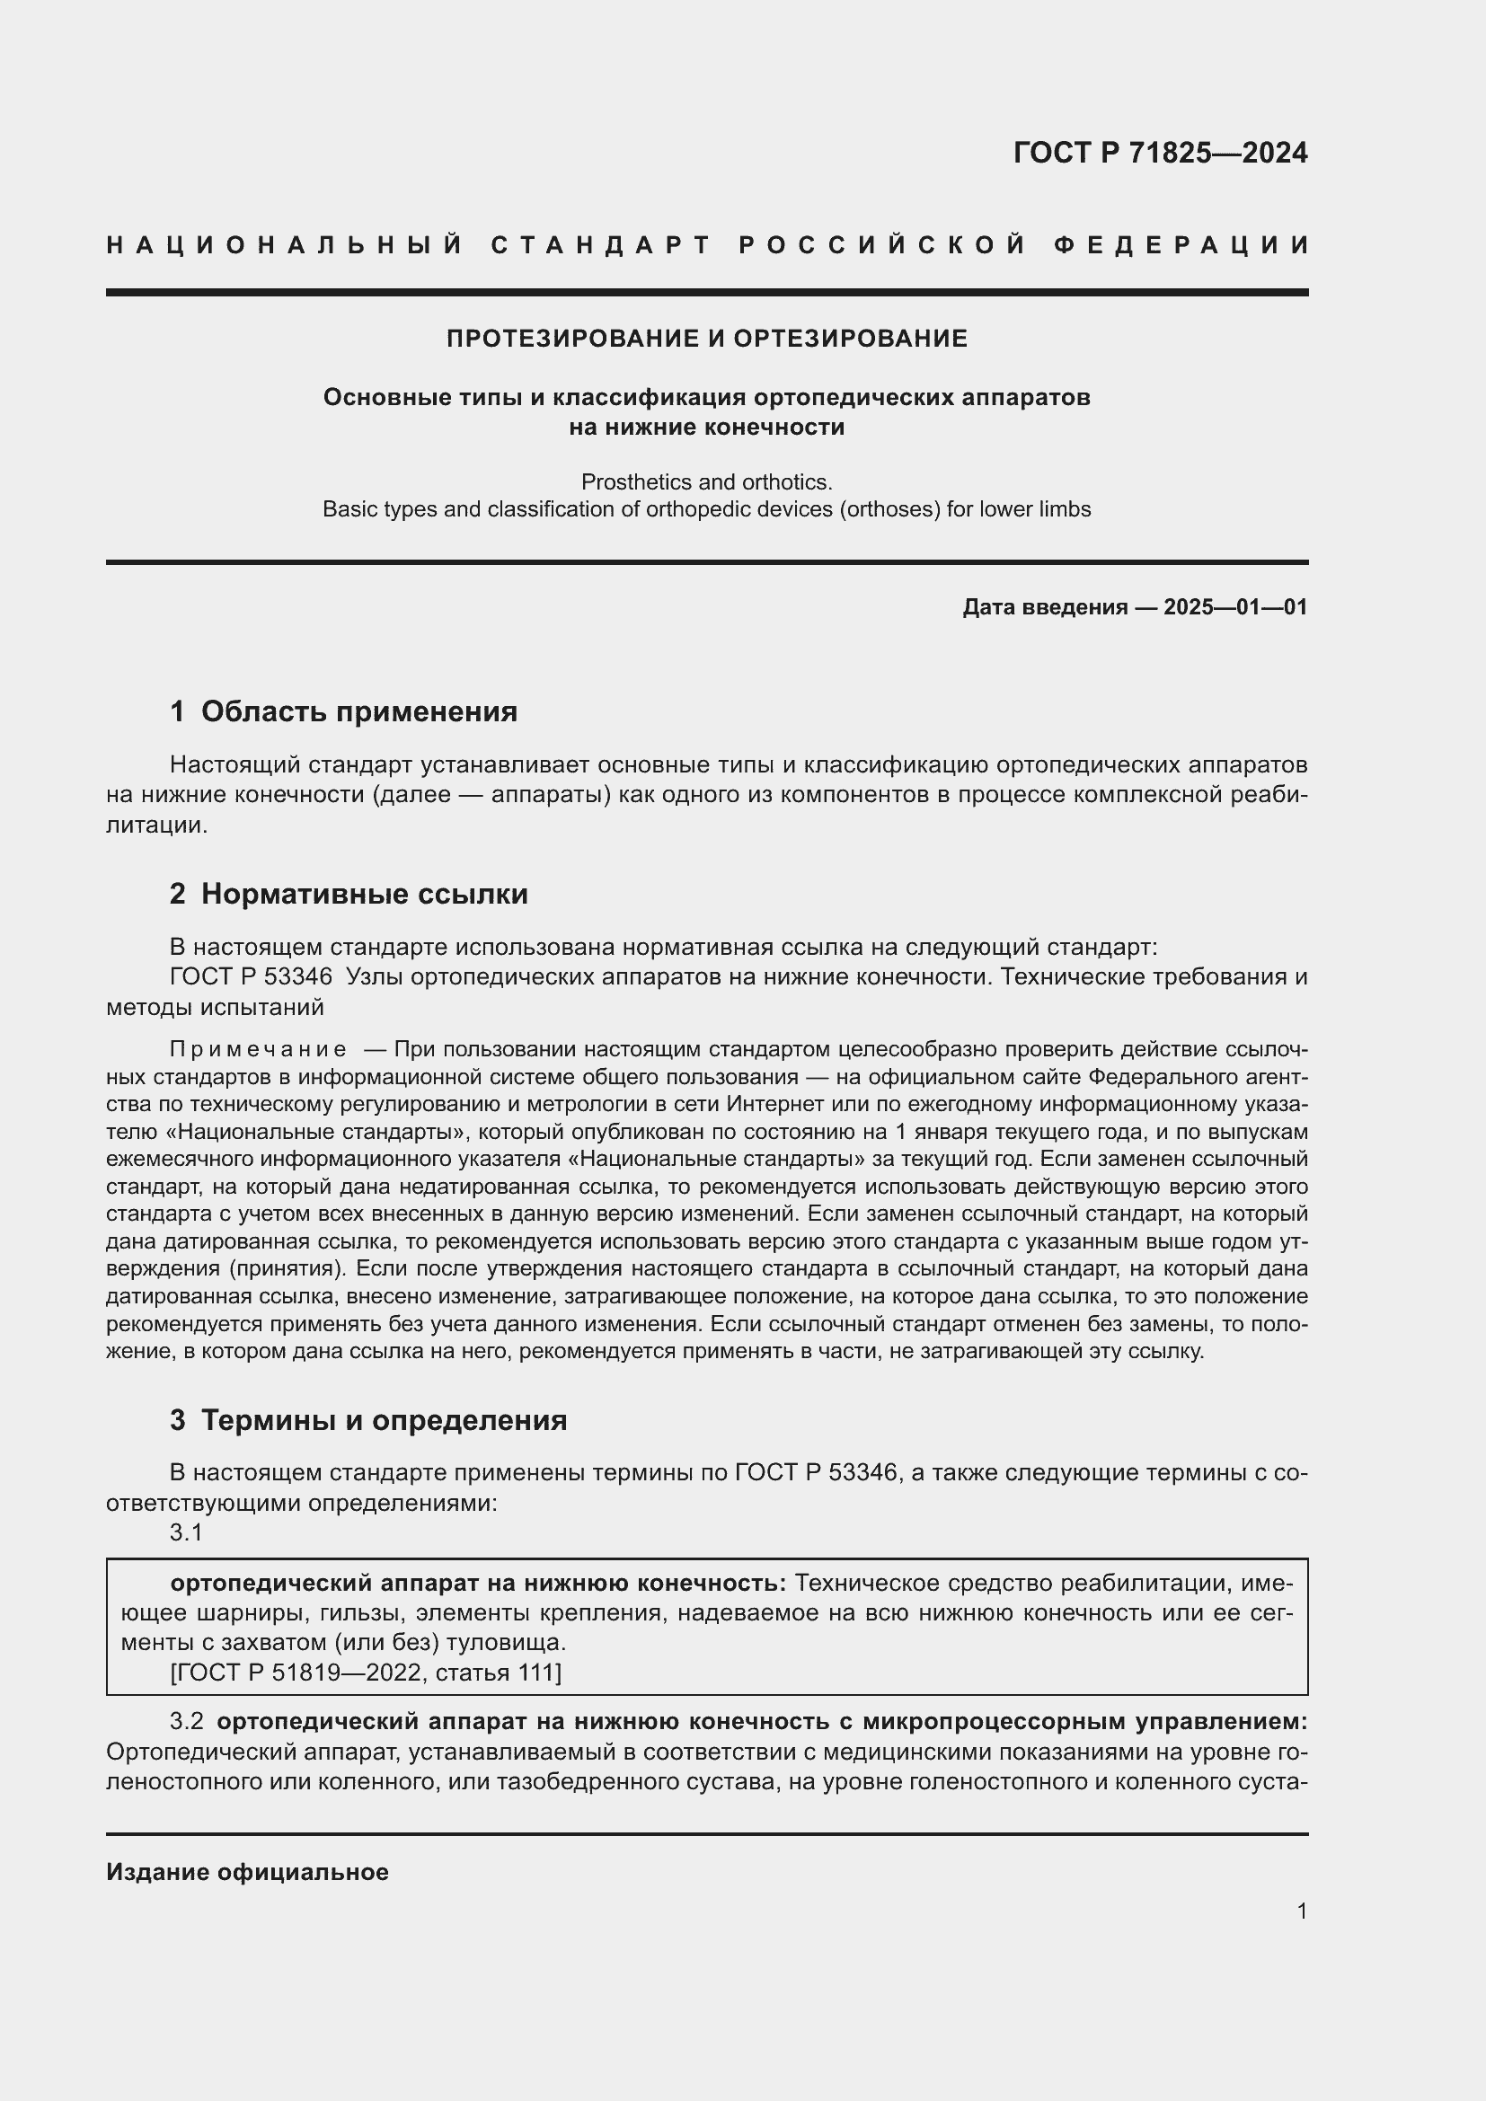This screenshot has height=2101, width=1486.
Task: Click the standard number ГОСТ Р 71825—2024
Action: click(1159, 153)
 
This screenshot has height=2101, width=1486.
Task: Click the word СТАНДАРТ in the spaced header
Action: click(601, 245)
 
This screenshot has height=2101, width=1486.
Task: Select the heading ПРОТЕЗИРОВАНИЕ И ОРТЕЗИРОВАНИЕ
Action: click(706, 339)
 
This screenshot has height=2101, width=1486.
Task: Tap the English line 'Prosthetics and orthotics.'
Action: click(706, 481)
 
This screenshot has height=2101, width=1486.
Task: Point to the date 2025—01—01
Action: click(1235, 606)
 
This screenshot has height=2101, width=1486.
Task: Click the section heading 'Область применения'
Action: click(358, 712)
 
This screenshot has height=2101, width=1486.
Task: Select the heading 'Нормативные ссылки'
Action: click(364, 894)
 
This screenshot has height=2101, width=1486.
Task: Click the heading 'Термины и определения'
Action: click(384, 1420)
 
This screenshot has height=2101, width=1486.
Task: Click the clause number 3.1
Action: click(186, 1532)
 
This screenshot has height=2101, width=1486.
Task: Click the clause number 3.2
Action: click(186, 1721)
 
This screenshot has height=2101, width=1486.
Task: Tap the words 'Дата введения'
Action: click(1044, 606)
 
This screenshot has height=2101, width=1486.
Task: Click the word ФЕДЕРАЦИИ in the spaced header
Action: click(1181, 245)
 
